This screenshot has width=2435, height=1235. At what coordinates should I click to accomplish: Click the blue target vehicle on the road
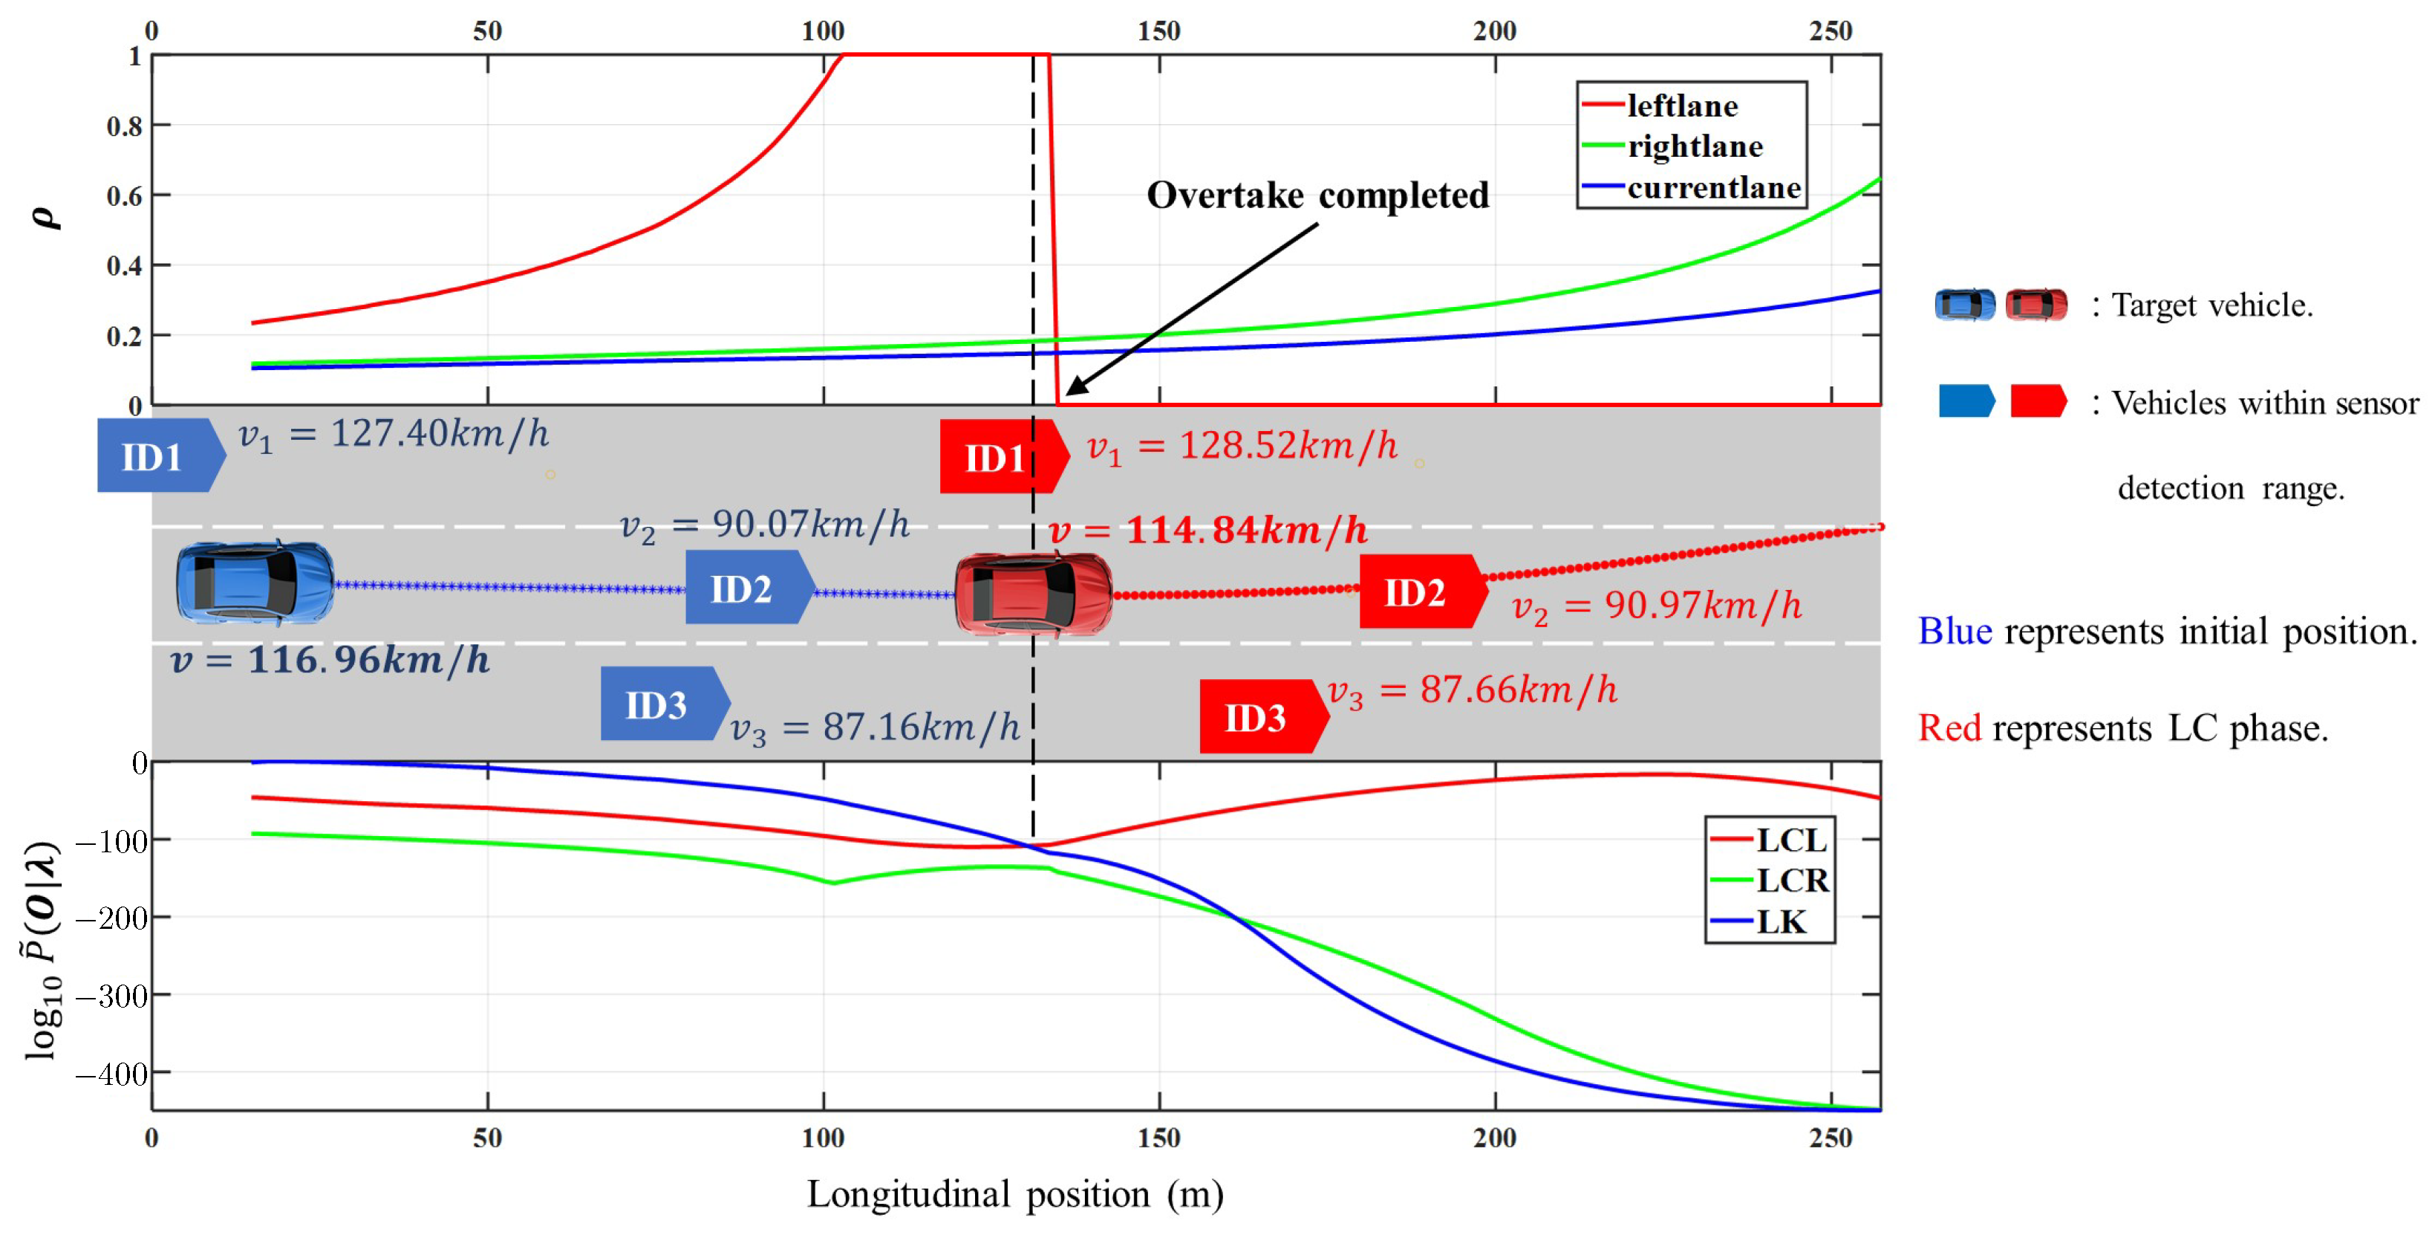click(254, 583)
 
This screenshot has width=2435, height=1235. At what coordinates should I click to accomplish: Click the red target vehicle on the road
click(1033, 594)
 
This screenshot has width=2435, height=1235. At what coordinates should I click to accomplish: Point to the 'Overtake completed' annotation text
click(1317, 195)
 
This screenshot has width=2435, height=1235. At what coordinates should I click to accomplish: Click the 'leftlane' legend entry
click(1681, 106)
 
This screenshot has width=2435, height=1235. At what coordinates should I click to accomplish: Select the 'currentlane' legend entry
click(1713, 188)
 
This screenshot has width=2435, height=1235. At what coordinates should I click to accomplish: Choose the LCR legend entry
click(1791, 881)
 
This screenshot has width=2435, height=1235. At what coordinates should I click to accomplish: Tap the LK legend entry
click(1781, 921)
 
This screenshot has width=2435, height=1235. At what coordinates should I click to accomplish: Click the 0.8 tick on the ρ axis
click(124, 126)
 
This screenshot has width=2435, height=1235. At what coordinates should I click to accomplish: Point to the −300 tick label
click(111, 996)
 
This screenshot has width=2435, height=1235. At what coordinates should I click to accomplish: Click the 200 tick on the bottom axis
click(1493, 1138)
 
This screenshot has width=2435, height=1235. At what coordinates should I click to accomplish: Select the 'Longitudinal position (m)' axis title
click(1014, 1194)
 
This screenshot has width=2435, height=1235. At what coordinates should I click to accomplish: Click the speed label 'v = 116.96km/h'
click(330, 660)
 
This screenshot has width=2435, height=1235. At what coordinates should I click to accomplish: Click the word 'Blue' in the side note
click(1954, 631)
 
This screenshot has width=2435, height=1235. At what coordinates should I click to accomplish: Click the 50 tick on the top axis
click(487, 31)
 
